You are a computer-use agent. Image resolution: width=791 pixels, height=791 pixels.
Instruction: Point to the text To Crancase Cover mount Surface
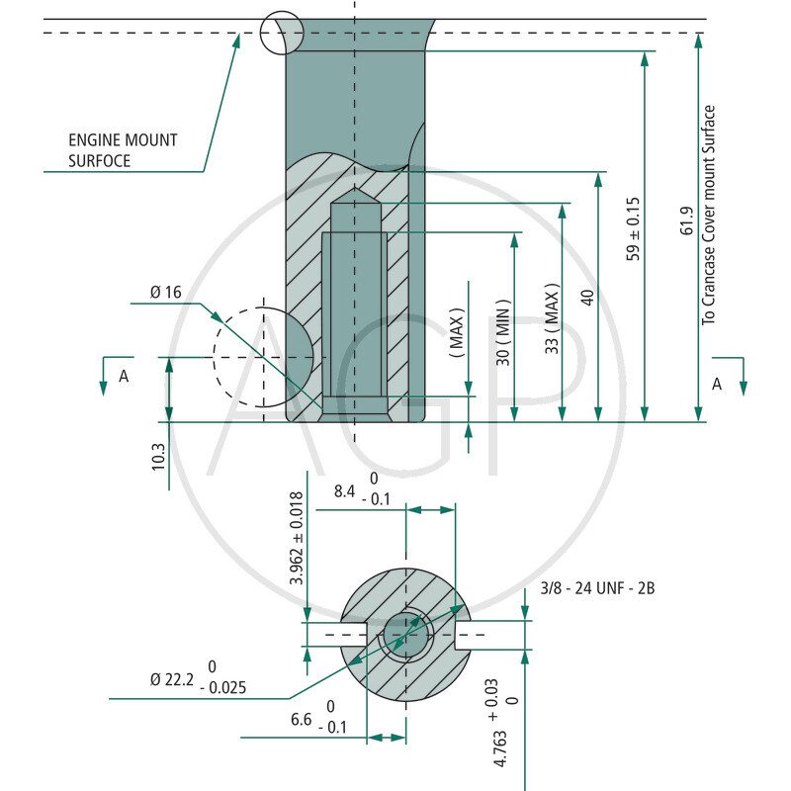(708, 215)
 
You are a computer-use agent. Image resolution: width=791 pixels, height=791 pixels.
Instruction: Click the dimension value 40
(587, 298)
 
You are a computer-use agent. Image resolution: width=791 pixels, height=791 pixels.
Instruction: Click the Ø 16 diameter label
(167, 292)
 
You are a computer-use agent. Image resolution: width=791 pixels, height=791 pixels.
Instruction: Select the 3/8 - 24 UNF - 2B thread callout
(597, 588)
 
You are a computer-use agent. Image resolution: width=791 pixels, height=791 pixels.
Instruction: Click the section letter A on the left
(124, 376)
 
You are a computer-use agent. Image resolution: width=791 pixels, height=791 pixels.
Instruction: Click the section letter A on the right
(717, 384)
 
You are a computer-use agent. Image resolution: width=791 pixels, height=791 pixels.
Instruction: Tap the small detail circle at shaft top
(281, 32)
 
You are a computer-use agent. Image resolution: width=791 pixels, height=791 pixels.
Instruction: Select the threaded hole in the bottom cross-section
(406, 634)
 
